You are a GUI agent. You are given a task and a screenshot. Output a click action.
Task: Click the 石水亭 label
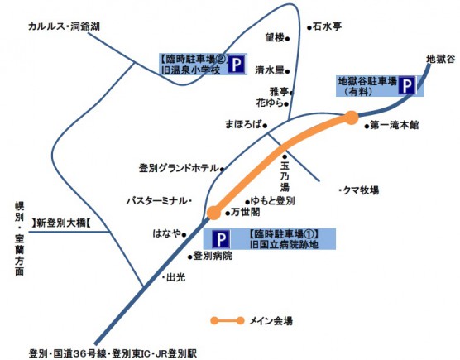click(327, 26)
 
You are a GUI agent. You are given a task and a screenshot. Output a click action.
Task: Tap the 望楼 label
click(275, 37)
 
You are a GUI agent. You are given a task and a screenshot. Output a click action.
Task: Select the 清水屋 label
click(270, 70)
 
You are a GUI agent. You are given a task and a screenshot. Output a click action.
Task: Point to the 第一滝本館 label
click(395, 125)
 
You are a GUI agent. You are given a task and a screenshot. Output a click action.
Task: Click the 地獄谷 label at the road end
click(441, 60)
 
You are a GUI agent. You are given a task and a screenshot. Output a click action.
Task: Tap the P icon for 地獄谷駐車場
click(407, 86)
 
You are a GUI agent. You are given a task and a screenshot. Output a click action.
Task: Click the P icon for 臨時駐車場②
click(236, 64)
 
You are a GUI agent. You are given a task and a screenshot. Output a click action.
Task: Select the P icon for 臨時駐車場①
click(221, 239)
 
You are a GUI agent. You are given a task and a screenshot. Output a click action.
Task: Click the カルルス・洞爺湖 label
click(64, 26)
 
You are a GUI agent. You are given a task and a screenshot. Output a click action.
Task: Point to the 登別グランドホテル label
click(179, 168)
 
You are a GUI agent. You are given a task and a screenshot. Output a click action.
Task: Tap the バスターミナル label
click(157, 201)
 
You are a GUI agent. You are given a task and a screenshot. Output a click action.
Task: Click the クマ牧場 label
click(361, 190)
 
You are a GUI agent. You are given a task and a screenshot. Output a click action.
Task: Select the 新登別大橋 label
click(61, 223)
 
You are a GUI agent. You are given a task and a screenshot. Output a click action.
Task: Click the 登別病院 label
click(213, 256)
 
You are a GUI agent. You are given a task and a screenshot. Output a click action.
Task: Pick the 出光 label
click(175, 277)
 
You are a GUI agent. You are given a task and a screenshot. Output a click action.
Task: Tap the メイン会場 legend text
click(271, 321)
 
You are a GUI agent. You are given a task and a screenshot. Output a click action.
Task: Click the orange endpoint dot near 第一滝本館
click(352, 118)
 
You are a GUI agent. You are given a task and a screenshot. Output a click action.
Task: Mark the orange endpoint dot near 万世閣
click(213, 213)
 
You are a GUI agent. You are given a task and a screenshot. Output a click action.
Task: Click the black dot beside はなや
click(184, 234)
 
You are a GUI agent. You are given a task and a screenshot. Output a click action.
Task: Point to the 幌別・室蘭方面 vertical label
click(19, 238)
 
